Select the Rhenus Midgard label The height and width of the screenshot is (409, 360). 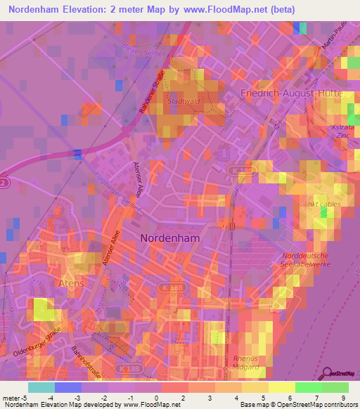pyautogui.click(x=246, y=362)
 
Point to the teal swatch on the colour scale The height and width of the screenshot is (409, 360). pyautogui.click(x=41, y=387)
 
